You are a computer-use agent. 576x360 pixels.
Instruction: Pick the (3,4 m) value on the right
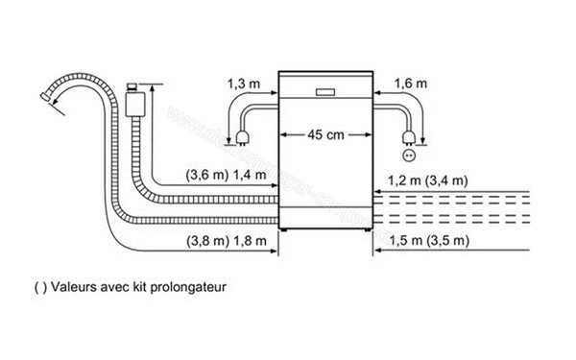447,180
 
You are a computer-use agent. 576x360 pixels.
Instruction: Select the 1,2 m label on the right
403,180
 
